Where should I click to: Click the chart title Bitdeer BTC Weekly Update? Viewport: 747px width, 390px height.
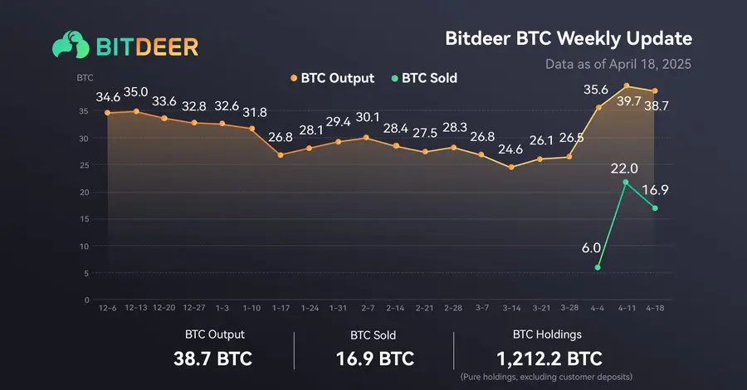pyautogui.click(x=569, y=39)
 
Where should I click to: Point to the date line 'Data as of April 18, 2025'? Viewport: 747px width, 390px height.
pyautogui.click(x=618, y=64)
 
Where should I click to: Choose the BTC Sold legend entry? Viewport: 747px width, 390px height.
pyautogui.click(x=423, y=79)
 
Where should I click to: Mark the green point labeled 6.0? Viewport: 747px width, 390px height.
pyautogui.click(x=598, y=267)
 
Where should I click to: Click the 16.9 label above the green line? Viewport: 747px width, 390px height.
pyautogui.click(x=655, y=189)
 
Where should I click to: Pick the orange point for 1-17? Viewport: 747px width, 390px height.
pyautogui.click(x=281, y=155)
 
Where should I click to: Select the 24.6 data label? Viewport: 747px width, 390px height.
pyautogui.click(x=510, y=150)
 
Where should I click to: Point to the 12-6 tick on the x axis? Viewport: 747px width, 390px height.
pyautogui.click(x=107, y=307)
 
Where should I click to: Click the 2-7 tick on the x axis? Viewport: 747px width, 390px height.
pyautogui.click(x=367, y=307)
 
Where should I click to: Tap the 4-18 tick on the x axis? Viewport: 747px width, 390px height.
pyautogui.click(x=656, y=307)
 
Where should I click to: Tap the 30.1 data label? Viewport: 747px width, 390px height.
pyautogui.click(x=367, y=117)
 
